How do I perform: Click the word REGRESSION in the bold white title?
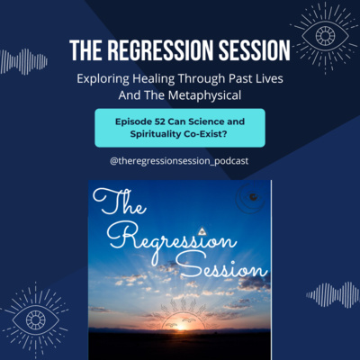coord(161,50)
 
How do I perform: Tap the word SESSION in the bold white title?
coord(255,50)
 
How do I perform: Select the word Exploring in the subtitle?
coord(103,79)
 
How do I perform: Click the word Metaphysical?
coord(204,95)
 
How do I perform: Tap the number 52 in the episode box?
coord(160,121)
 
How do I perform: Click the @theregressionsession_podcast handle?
coord(179,161)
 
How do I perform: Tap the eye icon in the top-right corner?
coord(325,36)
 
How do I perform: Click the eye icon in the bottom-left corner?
coord(35,319)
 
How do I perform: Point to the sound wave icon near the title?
coord(23,62)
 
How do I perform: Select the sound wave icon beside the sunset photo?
coord(332,295)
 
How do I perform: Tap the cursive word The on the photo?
coord(120,202)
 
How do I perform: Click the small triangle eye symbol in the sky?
coord(202,231)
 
